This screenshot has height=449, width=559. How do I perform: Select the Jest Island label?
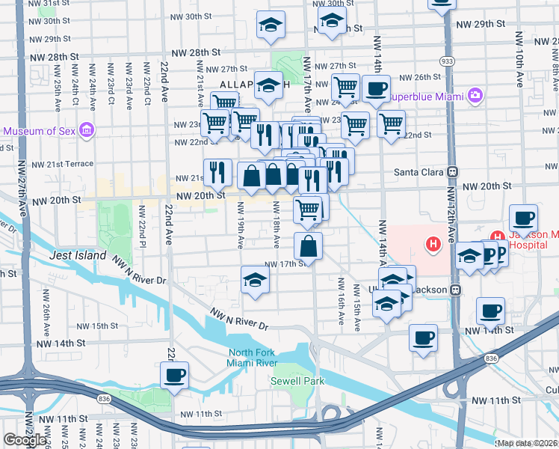tap(78, 255)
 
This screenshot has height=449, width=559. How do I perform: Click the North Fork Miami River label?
tap(257, 358)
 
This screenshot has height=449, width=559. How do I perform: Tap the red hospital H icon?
tap(432, 243)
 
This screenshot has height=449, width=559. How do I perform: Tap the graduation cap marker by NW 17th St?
tap(255, 281)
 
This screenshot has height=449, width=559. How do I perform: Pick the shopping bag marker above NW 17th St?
tap(308, 245)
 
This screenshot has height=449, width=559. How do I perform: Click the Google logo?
tap(25, 440)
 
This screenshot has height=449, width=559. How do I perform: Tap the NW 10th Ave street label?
tap(515, 52)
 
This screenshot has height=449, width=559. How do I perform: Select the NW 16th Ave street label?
tap(341, 301)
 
